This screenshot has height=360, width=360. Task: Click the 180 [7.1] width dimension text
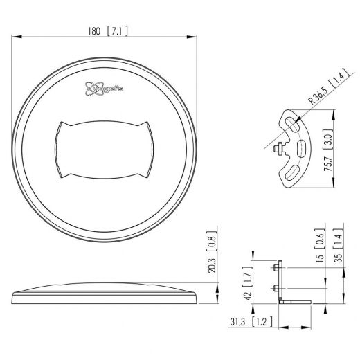point(108,31)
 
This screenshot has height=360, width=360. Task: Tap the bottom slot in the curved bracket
point(293,172)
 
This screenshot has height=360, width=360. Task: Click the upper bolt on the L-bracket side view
point(276,268)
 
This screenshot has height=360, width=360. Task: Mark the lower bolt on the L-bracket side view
point(276,287)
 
